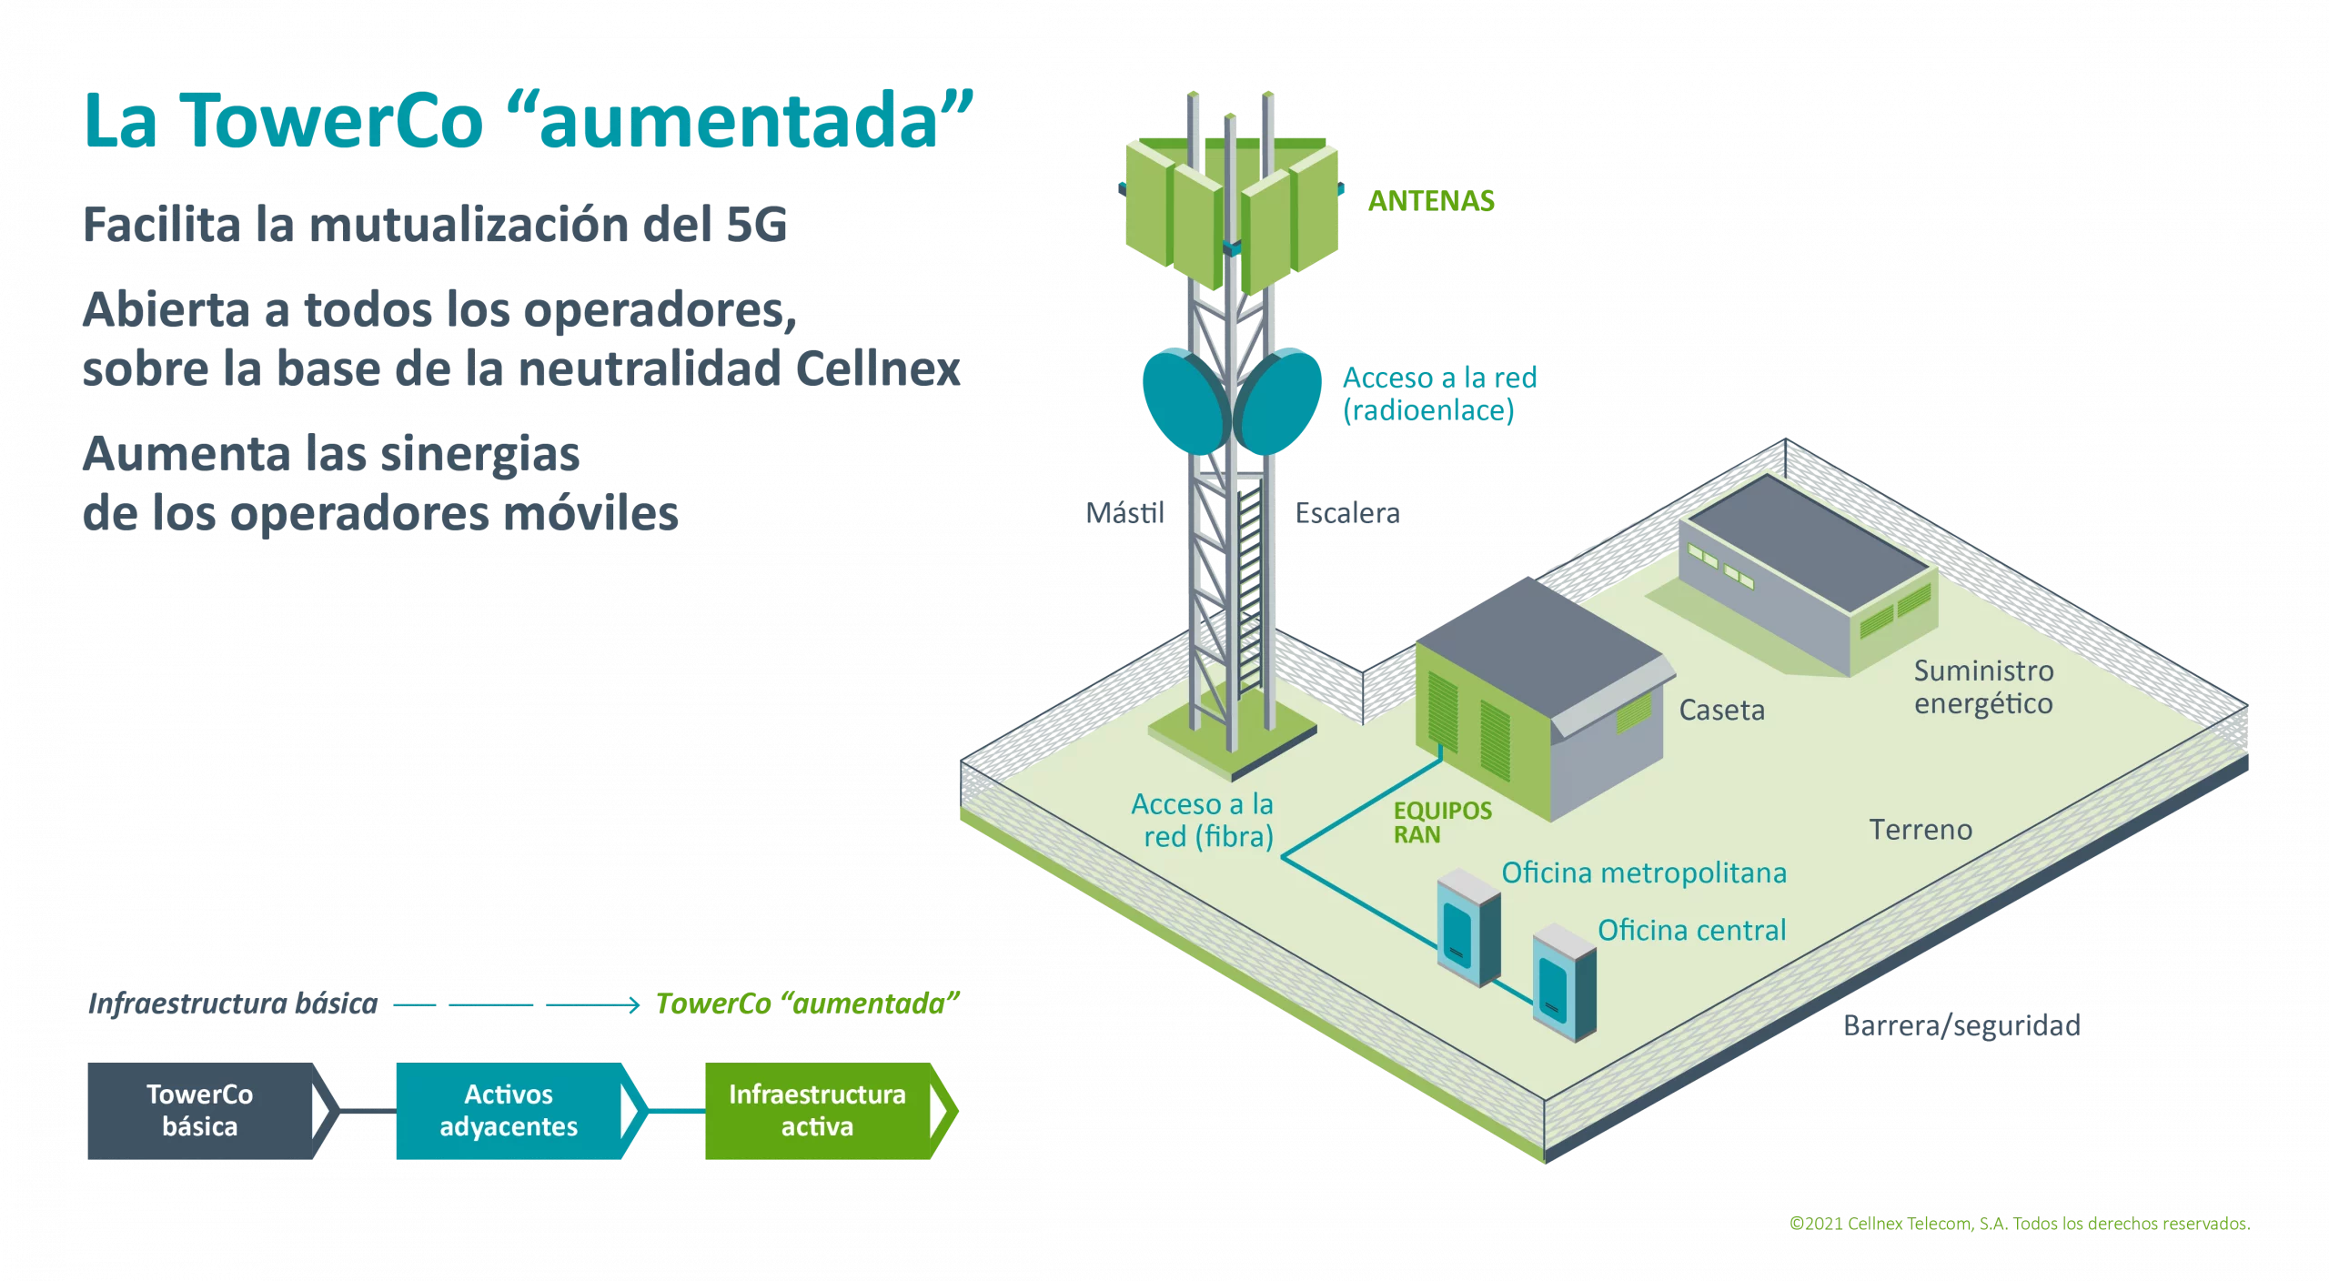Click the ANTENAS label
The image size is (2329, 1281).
tap(1431, 200)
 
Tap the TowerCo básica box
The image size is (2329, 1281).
tap(200, 1111)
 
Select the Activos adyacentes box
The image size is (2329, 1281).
tap(509, 1111)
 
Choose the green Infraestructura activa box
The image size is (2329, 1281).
tap(818, 1111)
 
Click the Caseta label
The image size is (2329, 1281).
tap(1721, 710)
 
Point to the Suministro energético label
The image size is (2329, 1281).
tap(1983, 687)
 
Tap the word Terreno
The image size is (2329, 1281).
tap(1921, 830)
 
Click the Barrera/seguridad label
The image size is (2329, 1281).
tap(1961, 1025)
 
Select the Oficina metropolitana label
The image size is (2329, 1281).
tap(1644, 872)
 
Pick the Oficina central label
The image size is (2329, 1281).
tap(1692, 930)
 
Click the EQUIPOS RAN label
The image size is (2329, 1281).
tap(1442, 822)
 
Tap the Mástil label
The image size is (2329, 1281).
tap(1124, 513)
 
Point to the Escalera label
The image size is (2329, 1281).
tap(1347, 513)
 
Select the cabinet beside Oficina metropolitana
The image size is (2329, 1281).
tap(1467, 928)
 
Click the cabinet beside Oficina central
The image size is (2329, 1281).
tap(1564, 983)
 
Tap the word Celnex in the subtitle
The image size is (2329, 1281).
tap(877, 368)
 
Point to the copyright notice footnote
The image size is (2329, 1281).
tap(2020, 1224)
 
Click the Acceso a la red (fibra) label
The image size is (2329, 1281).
tap(1203, 820)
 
